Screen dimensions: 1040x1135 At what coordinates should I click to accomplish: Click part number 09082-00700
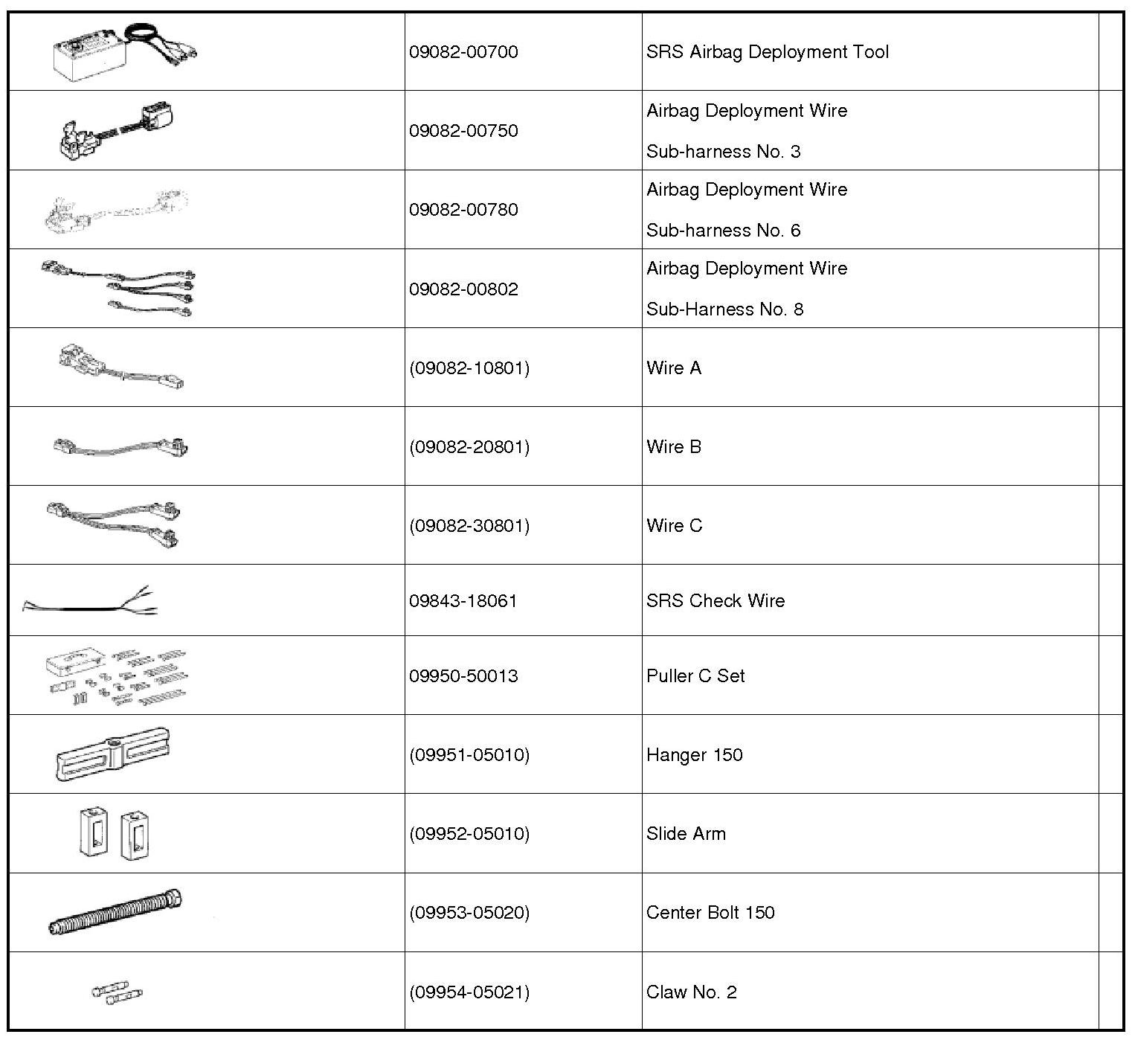pos(463,52)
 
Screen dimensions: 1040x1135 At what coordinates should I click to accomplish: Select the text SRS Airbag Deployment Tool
pos(767,52)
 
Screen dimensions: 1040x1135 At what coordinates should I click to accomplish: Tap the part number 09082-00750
pos(463,131)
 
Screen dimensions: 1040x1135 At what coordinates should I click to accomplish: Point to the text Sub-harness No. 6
pos(723,231)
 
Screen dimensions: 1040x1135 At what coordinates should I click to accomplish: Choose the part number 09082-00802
pos(463,289)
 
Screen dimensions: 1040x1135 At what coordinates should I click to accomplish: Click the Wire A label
pos(673,368)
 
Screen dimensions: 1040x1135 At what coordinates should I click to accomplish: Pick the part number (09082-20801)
pos(469,447)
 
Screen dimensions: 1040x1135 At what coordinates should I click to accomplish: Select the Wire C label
pos(674,526)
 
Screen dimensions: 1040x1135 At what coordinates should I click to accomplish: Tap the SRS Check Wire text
pos(715,601)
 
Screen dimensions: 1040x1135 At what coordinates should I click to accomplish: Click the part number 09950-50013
pos(463,676)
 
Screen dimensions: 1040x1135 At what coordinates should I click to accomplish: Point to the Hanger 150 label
pos(694,755)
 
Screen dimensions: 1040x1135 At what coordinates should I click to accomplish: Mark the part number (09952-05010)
pos(469,834)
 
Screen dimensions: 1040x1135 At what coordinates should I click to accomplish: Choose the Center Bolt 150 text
pos(710,913)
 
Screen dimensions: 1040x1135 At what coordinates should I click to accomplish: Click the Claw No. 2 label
pos(691,992)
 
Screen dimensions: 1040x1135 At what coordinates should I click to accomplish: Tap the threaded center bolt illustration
pos(115,912)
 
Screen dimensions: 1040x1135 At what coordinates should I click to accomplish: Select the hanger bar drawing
pos(112,754)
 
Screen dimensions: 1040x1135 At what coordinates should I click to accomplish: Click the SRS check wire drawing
pos(90,601)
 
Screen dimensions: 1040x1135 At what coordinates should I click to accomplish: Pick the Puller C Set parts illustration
pos(117,675)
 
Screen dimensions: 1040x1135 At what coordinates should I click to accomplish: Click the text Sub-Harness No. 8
pos(724,309)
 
